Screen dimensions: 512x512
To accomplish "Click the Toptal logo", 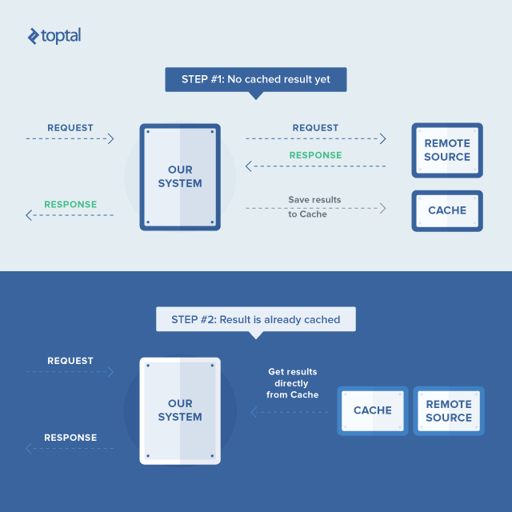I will pyautogui.click(x=54, y=36).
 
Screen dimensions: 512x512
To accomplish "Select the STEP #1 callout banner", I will pyautogui.click(x=256, y=80).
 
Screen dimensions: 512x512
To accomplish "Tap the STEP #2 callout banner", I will pyautogui.click(x=256, y=319).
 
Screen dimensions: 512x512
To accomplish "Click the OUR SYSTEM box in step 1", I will pyautogui.click(x=180, y=177).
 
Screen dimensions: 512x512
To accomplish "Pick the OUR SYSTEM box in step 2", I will pyautogui.click(x=180, y=410).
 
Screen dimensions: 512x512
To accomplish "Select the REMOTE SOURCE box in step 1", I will pyautogui.click(x=447, y=150).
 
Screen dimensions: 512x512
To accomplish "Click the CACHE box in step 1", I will pyautogui.click(x=447, y=210).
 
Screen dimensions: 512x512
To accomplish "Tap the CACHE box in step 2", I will pyautogui.click(x=373, y=410).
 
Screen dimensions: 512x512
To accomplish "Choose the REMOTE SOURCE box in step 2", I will pyautogui.click(x=449, y=410).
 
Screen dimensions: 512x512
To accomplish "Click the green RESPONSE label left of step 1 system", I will pyautogui.click(x=70, y=205).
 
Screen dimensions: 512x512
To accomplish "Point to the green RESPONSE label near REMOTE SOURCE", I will pyautogui.click(x=315, y=155).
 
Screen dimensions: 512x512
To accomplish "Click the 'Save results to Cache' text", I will pyautogui.click(x=314, y=207).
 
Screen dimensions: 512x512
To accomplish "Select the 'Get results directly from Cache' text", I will pyautogui.click(x=293, y=383).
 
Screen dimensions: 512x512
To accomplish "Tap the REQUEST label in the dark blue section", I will pyautogui.click(x=70, y=361).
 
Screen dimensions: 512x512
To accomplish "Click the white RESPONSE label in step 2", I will pyautogui.click(x=70, y=438).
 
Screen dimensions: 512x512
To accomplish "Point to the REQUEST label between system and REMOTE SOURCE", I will pyautogui.click(x=315, y=128).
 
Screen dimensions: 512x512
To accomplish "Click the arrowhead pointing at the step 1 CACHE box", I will pyautogui.click(x=382, y=208).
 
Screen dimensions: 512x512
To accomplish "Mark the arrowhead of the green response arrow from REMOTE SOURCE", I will pyautogui.click(x=249, y=166).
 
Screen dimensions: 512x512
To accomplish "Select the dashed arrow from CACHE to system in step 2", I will pyautogui.click(x=290, y=412).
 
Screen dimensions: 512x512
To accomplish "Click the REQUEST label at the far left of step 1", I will pyautogui.click(x=70, y=128).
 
